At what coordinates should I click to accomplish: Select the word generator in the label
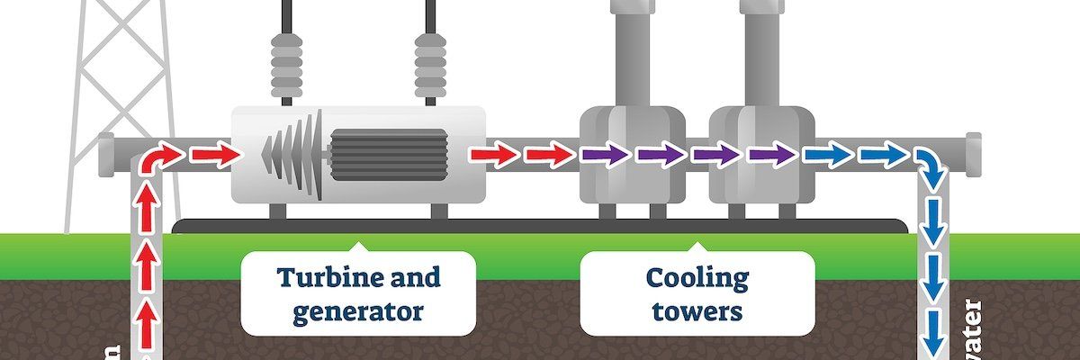[357, 311]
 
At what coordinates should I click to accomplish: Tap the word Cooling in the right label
[697, 277]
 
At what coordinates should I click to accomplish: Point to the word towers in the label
[697, 311]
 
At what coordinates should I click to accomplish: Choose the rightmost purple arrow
[772, 156]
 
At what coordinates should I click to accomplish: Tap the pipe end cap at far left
[105, 155]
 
